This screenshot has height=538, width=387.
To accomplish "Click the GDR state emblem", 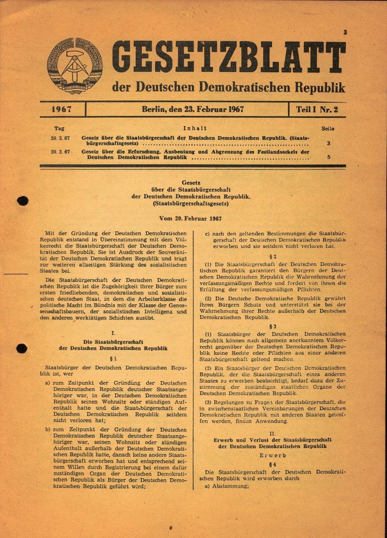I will (x=75, y=66).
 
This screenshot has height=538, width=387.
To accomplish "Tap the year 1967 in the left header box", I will (x=62, y=110).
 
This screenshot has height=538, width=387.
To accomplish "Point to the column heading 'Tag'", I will (x=59, y=128).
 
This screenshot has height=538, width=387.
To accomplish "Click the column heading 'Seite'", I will (x=328, y=128).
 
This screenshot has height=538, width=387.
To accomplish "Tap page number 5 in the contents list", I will (x=328, y=157).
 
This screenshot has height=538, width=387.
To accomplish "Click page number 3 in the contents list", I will (x=328, y=143).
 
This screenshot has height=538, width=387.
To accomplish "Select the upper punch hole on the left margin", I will (x=22, y=200).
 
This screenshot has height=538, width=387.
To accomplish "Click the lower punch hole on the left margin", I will (x=22, y=348).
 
